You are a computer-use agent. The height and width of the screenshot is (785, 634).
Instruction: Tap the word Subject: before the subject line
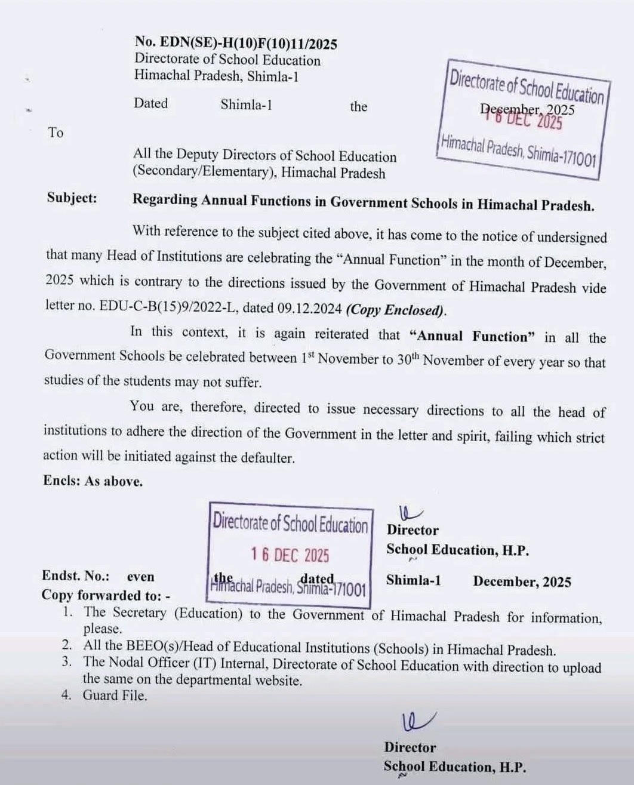[x=72, y=198]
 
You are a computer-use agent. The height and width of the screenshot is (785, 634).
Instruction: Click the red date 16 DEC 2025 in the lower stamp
[x=290, y=555]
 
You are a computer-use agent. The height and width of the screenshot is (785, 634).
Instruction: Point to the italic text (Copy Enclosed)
[x=396, y=310]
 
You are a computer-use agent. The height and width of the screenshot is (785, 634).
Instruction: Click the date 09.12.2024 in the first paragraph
[x=309, y=309]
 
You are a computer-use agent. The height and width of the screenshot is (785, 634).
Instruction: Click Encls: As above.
[x=93, y=481]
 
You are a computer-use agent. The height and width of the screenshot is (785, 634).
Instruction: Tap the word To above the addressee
[x=56, y=133]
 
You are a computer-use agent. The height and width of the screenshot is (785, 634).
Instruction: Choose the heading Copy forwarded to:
[x=105, y=595]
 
